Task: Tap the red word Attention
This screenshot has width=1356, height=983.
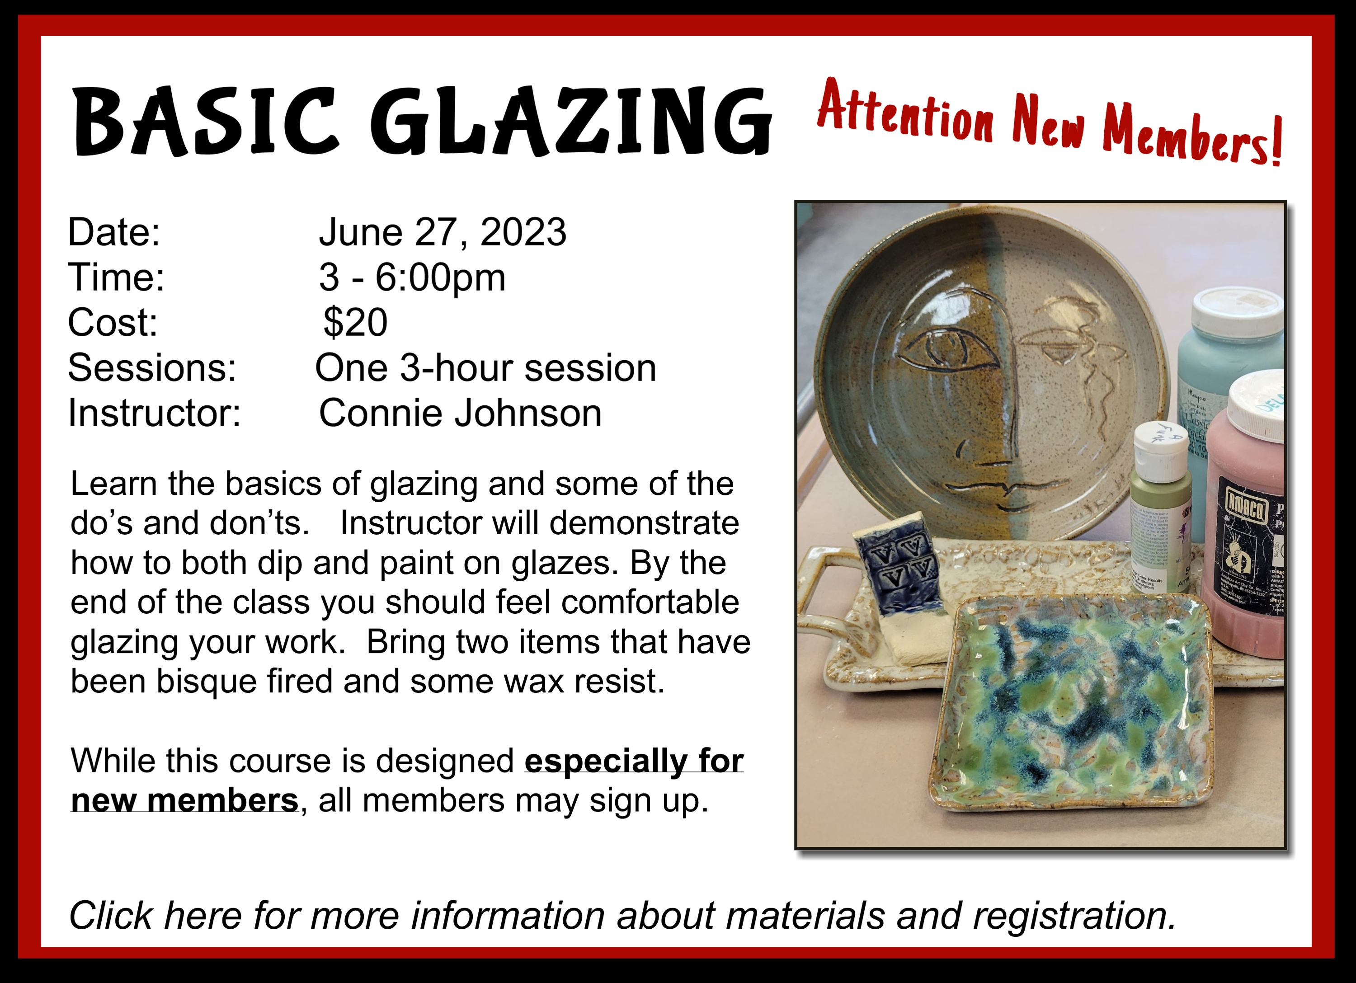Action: coord(905,111)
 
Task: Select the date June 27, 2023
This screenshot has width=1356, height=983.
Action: coord(443,232)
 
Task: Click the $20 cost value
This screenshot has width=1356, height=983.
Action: coord(356,323)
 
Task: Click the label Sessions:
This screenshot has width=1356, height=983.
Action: coord(152,368)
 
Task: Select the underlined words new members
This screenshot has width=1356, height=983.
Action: coord(184,800)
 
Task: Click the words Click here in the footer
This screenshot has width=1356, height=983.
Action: coord(155,916)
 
